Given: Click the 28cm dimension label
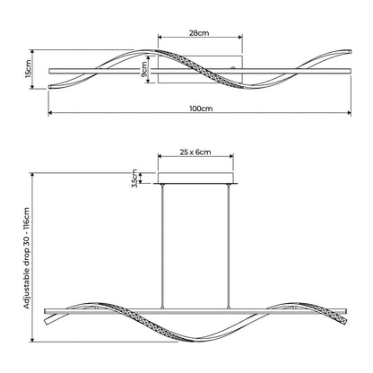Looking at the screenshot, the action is (x=199, y=33).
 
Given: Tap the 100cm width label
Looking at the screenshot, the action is (x=201, y=108).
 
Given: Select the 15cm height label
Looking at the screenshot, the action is (x=28, y=69).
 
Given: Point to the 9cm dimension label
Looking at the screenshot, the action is (x=144, y=69).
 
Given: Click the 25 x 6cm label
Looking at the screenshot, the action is (x=195, y=152).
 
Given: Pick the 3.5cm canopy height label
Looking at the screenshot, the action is (x=134, y=178).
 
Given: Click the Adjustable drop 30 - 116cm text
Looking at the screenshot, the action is (x=27, y=258).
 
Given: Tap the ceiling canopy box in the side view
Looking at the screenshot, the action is (x=195, y=178).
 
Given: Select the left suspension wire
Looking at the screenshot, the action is (x=162, y=246).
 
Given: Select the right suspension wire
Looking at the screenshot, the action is (x=229, y=246).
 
